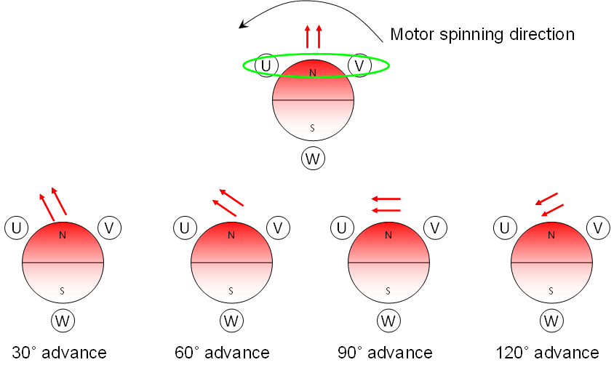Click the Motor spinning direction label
(x=482, y=34)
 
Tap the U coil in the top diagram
(x=267, y=65)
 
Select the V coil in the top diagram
(x=360, y=65)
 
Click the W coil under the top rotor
(x=313, y=159)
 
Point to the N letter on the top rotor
(x=313, y=73)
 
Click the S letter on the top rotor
(x=313, y=127)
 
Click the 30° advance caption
(x=60, y=353)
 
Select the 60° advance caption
(x=222, y=353)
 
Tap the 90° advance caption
(x=385, y=353)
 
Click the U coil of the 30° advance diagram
(x=17, y=228)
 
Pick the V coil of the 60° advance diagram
(x=278, y=228)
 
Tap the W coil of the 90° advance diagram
(x=388, y=320)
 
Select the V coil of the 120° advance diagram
(x=598, y=228)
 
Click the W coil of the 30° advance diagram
(x=63, y=320)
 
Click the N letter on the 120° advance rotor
(x=551, y=235)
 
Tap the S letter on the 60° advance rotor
(x=231, y=290)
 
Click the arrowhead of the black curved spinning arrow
(x=244, y=26)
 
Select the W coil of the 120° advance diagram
(x=551, y=320)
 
